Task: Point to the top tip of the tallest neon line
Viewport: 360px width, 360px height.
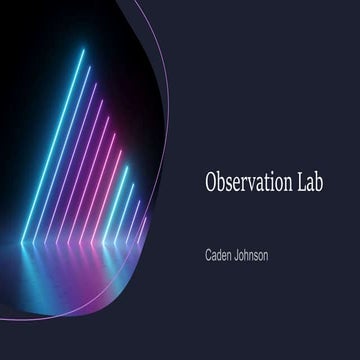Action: point(84,50)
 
